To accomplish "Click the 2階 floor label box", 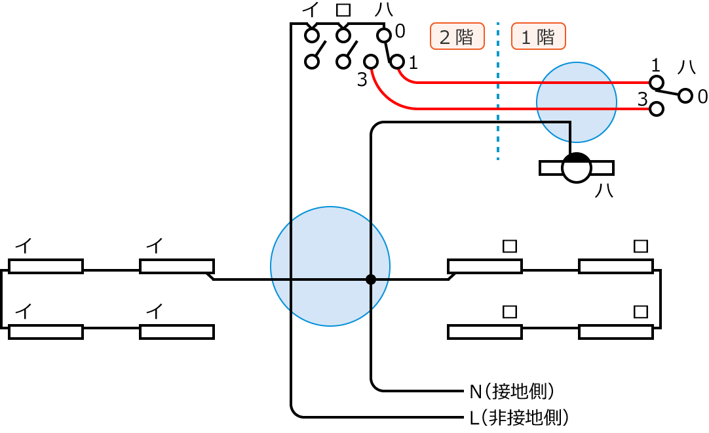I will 457,37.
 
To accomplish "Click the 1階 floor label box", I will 538,37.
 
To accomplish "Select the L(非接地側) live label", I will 518,416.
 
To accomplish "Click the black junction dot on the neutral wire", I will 371,279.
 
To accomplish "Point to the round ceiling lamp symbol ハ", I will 577,168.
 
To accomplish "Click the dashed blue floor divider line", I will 498,92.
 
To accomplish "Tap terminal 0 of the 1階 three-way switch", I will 685,96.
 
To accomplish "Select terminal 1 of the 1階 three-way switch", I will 656,83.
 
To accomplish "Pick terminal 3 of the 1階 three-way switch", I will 656,109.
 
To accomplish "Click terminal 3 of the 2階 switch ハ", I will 371,62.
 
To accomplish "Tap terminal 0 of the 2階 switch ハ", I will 385,34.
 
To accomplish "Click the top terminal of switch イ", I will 312,34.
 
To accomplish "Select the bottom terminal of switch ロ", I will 343,62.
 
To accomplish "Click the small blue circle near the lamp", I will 577,102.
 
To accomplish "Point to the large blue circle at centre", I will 330,266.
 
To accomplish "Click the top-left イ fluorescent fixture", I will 46,266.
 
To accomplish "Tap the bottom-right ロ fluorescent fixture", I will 616,332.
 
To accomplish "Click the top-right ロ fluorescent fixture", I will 616,266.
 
